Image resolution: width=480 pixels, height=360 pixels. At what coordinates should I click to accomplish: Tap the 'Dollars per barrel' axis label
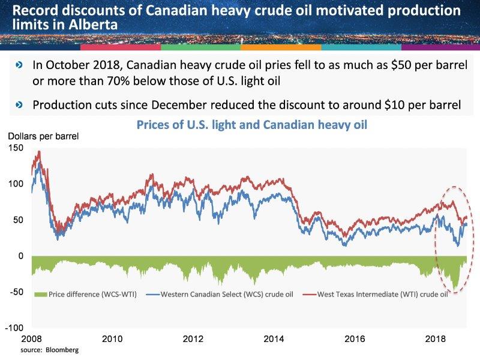pyautogui.click(x=43, y=136)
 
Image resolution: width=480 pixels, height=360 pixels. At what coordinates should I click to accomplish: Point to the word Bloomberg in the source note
pyautogui.click(x=63, y=349)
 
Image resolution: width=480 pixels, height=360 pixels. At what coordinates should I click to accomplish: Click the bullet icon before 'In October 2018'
pyautogui.click(x=20, y=65)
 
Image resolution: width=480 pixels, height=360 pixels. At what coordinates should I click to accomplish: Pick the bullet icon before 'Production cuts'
pyautogui.click(x=20, y=105)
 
